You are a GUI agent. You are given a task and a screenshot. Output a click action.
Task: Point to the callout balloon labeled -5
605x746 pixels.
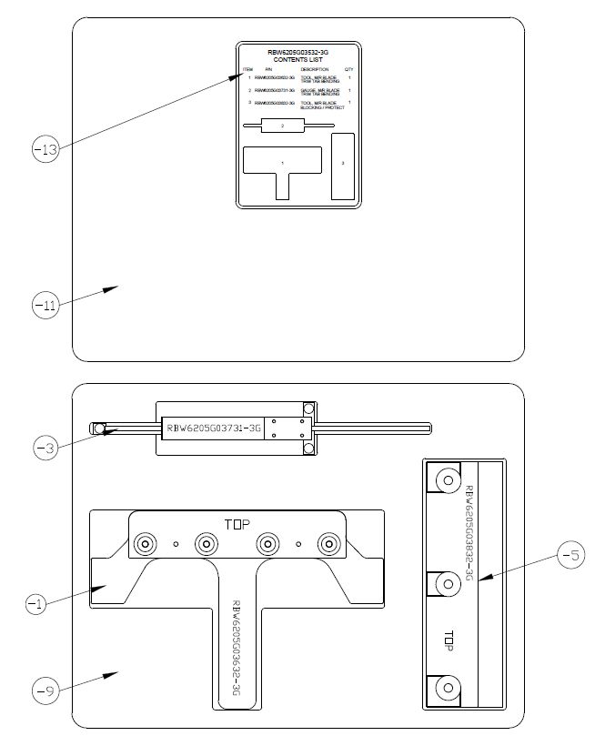(570, 554)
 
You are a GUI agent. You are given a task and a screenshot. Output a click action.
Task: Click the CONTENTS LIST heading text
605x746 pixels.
(298, 60)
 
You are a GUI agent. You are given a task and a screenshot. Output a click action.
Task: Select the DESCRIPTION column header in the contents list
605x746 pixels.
(315, 69)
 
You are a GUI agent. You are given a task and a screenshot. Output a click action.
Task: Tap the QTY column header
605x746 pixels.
(348, 69)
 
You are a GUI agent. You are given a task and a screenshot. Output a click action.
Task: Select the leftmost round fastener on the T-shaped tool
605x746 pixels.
(145, 544)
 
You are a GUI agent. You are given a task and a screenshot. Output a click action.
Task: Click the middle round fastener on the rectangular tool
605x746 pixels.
(447, 583)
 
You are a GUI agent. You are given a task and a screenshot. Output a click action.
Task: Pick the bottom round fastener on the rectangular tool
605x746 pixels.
(447, 687)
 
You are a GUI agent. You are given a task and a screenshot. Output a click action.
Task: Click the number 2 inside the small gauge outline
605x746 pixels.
(283, 126)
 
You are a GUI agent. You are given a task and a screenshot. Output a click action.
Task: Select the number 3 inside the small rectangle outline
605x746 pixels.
(342, 163)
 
